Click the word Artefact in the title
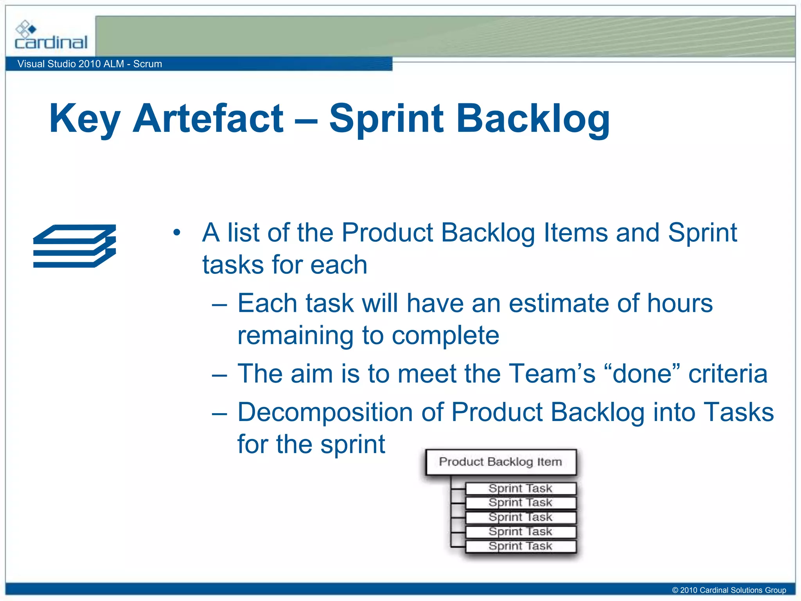pyautogui.click(x=208, y=119)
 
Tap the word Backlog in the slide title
pyautogui.click(x=533, y=119)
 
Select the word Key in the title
pyautogui.click(x=84, y=119)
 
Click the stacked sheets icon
pyautogui.click(x=75, y=246)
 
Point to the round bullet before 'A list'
pyautogui.click(x=177, y=233)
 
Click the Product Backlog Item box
pyautogui.click(x=501, y=462)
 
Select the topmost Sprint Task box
pyautogui.click(x=521, y=488)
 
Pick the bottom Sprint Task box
pyautogui.click(x=521, y=546)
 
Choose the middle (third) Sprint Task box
pyautogui.click(x=521, y=517)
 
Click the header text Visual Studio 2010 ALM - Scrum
pyautogui.click(x=90, y=64)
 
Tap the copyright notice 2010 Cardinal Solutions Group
pyautogui.click(x=729, y=590)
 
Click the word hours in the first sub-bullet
pyautogui.click(x=680, y=303)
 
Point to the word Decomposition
pyautogui.click(x=325, y=412)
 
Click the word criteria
pyautogui.click(x=728, y=374)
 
